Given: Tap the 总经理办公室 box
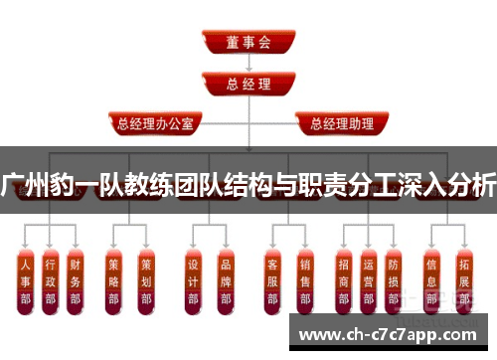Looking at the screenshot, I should coord(160,124).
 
